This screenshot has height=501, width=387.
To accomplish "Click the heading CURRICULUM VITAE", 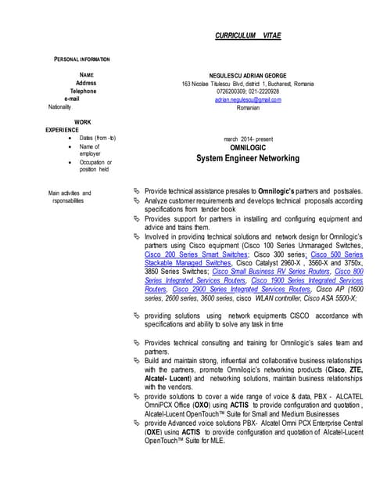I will (248, 36).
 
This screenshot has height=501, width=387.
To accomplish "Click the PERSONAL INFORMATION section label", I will (81, 59).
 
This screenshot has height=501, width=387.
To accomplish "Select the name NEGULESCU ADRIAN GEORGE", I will (248, 75).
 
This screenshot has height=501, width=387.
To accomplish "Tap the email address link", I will (248, 99).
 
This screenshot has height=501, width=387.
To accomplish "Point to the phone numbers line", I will (248, 92).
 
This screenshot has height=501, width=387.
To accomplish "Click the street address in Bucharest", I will (248, 84).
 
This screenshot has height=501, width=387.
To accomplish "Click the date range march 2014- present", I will (248, 139).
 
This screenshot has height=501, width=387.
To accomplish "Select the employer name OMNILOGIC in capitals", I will (248, 147).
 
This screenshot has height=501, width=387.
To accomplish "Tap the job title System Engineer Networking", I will (248, 158).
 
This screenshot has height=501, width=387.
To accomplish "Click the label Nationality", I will (59, 106).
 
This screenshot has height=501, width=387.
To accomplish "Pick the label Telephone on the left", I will (83, 91).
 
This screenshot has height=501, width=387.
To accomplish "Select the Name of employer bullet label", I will (90, 150).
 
